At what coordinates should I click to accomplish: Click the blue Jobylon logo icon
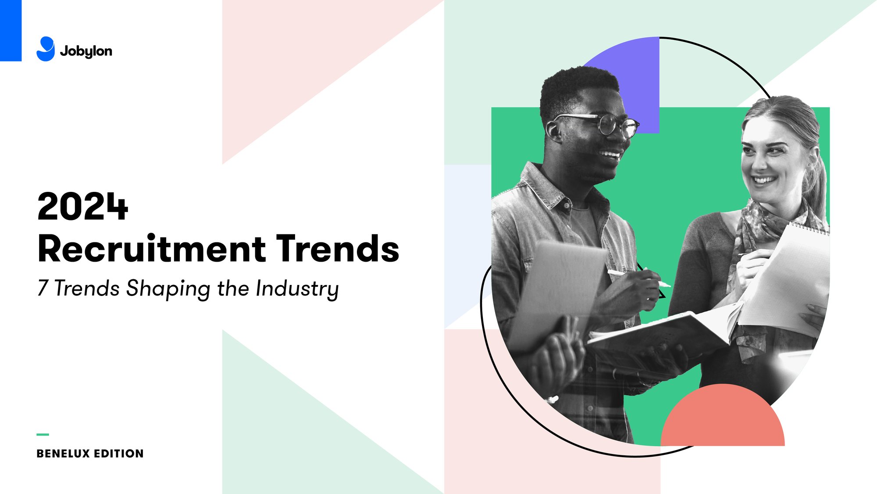[x=46, y=49]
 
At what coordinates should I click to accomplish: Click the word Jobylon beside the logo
[x=86, y=51]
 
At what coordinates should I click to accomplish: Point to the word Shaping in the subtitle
[x=168, y=289]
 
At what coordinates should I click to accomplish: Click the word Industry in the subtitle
[x=297, y=289]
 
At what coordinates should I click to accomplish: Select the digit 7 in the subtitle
[x=43, y=288]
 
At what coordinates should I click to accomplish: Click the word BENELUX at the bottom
[x=63, y=454]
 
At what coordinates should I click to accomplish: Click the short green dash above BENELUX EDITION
[x=43, y=434]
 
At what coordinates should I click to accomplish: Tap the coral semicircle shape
[x=723, y=419]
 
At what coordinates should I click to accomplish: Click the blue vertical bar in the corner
[x=11, y=30]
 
